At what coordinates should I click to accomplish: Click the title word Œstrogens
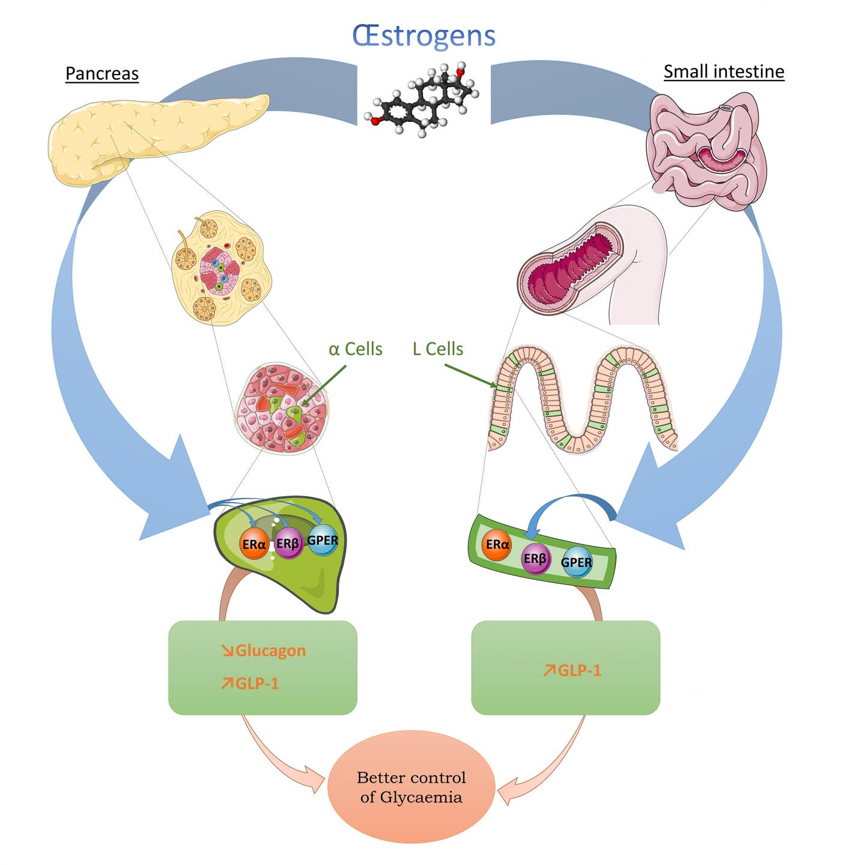(423, 35)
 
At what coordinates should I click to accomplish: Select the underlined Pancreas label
(102, 73)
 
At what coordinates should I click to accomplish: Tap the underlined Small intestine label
(723, 71)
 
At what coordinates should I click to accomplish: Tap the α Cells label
(356, 349)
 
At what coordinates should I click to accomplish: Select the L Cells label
(438, 349)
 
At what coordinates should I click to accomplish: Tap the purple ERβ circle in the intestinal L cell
(535, 558)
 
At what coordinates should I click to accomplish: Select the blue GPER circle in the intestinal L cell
(577, 563)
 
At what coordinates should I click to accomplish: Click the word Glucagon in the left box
(270, 651)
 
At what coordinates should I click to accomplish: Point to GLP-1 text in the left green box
(257, 683)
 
